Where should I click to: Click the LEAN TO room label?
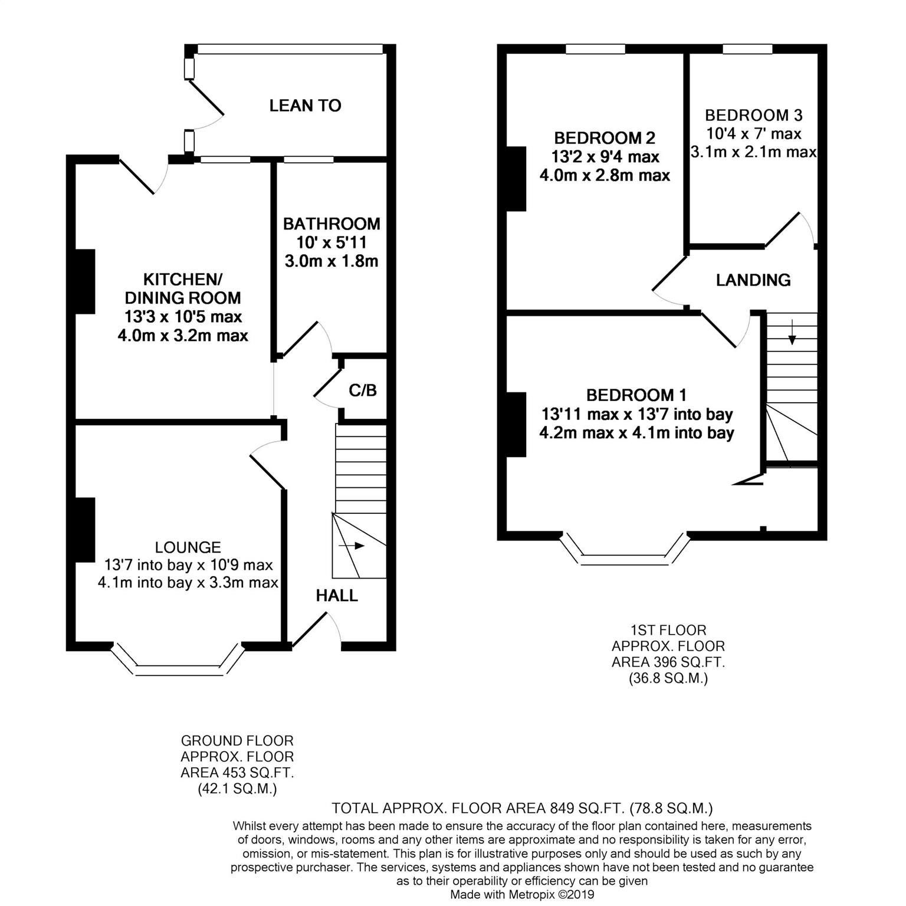click(x=305, y=106)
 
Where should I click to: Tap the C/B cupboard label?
click(x=363, y=390)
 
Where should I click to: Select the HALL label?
click(x=337, y=596)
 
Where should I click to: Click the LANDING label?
click(x=753, y=280)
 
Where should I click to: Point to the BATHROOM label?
click(x=331, y=224)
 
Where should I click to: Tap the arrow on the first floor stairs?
click(x=792, y=332)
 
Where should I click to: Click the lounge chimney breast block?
click(x=85, y=530)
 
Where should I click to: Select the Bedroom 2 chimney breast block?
click(x=516, y=179)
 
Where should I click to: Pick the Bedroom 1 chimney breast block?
click(x=516, y=425)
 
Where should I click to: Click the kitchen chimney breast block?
click(x=85, y=281)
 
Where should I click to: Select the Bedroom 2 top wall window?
click(x=596, y=49)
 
